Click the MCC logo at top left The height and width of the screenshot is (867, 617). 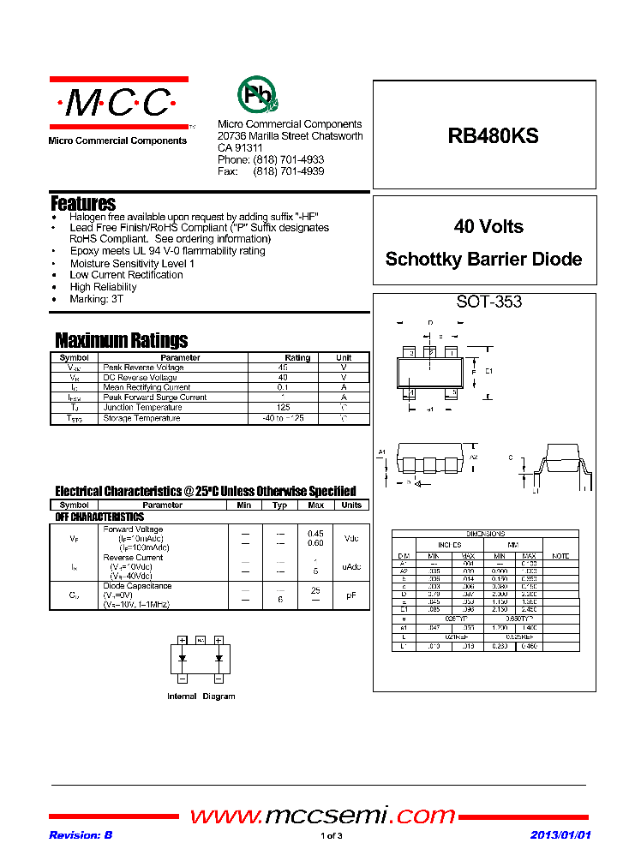118,104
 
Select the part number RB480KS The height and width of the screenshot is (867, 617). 493,135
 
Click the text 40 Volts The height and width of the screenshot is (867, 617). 488,227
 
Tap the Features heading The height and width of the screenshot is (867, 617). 83,204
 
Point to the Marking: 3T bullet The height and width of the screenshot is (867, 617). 97,299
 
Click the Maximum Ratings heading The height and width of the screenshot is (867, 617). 121,340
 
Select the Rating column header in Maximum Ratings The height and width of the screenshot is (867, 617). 297,357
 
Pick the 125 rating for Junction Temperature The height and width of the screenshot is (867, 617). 283,408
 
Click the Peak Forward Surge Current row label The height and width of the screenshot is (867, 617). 154,398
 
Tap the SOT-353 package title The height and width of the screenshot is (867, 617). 488,302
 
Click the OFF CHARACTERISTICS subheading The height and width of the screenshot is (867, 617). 99,517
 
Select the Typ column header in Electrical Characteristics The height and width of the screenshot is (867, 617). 279,505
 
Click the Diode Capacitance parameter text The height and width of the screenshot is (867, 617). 137,586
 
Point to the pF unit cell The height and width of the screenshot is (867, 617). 350,595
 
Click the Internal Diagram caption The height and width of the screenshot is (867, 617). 201,697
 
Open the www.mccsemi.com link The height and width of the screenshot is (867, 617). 322,815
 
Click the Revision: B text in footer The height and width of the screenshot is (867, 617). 81,835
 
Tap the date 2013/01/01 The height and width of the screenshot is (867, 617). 560,835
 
